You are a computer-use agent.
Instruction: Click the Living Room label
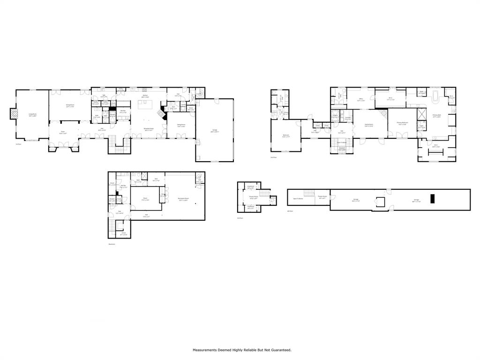(x=32, y=114)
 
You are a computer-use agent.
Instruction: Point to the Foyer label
(x=62, y=133)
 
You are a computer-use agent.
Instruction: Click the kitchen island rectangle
(x=143, y=104)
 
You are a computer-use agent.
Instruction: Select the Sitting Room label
(x=181, y=126)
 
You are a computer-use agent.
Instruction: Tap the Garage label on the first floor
(x=214, y=132)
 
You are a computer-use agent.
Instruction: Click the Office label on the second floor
(x=361, y=99)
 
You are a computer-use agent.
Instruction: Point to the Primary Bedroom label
(x=402, y=123)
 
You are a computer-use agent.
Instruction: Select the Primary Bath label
(x=437, y=116)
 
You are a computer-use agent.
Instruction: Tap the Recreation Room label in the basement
(x=183, y=199)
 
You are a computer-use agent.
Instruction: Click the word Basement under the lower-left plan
(x=112, y=244)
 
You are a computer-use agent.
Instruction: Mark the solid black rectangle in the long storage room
(x=433, y=198)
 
